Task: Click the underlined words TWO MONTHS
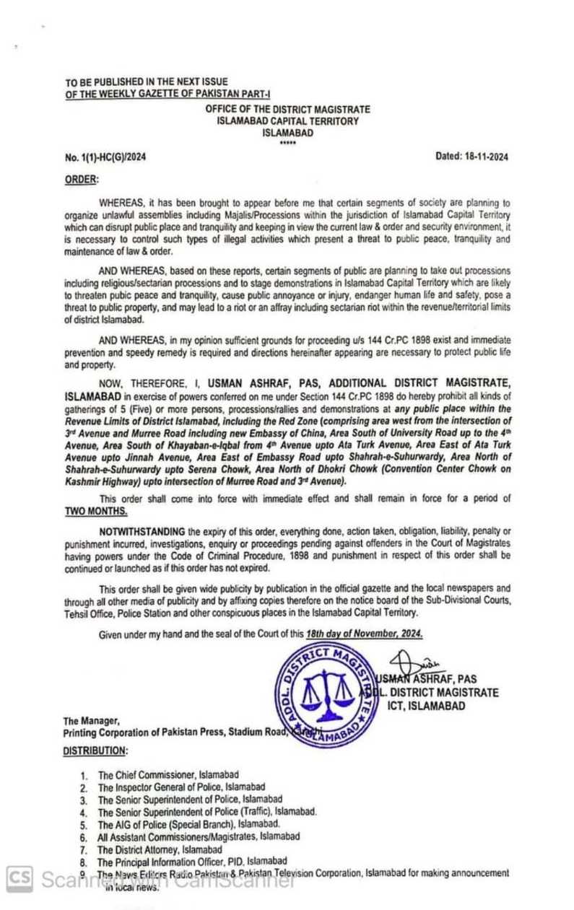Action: click(96, 511)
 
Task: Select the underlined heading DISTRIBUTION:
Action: click(95, 751)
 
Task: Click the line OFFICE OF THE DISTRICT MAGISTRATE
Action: click(287, 109)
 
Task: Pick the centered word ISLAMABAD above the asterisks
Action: click(287, 134)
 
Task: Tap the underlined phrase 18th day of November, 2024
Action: click(363, 633)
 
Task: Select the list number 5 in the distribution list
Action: click(84, 824)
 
